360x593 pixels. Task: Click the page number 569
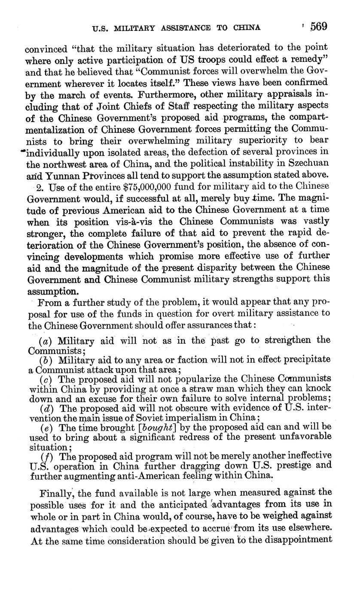(x=319, y=27)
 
